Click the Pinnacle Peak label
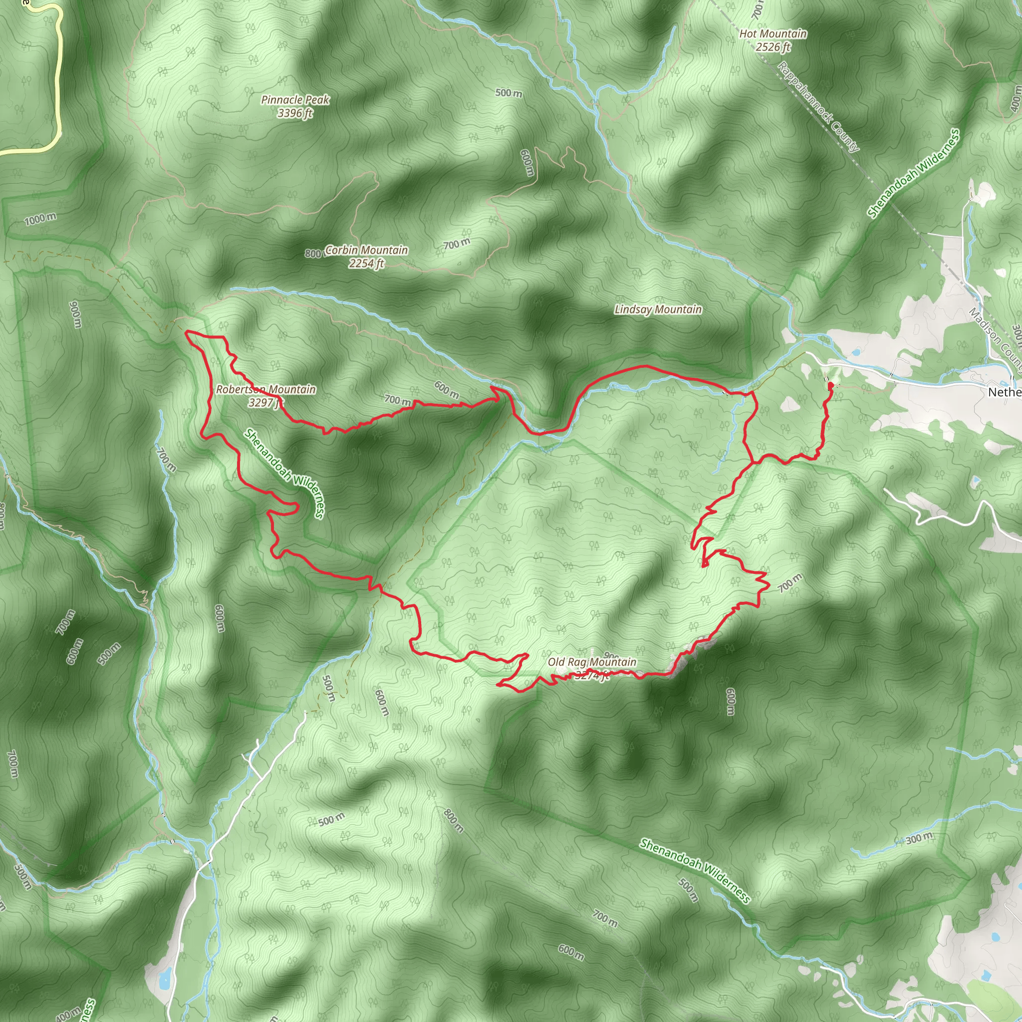click(x=295, y=99)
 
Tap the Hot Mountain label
click(x=773, y=34)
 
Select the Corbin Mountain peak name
click(x=367, y=250)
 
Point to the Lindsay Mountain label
click(x=658, y=309)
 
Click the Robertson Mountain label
click(x=266, y=389)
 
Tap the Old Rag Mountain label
click(x=592, y=662)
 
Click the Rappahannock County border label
click(x=818, y=106)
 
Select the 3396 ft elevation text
click(x=295, y=113)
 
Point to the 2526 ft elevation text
click(x=773, y=47)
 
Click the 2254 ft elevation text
click(x=366, y=263)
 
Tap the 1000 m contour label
click(x=40, y=219)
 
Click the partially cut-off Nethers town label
click(x=1005, y=392)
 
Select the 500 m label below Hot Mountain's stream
click(x=509, y=93)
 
